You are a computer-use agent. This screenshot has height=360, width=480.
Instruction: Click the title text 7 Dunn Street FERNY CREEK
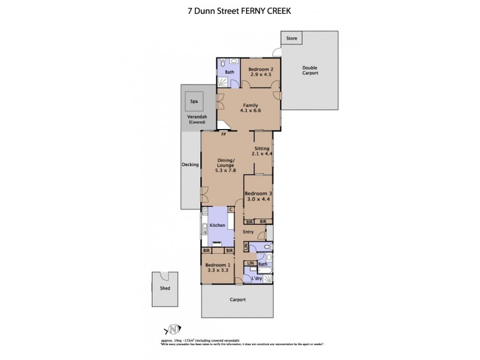pyautogui.click(x=240, y=10)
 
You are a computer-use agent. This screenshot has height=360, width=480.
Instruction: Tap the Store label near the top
pyautogui.click(x=292, y=38)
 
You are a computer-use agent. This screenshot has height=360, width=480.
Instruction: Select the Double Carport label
pyautogui.click(x=310, y=70)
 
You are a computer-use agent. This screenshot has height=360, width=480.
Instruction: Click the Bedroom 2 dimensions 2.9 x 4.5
pyautogui.click(x=261, y=74)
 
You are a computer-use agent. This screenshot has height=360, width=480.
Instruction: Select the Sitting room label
pyautogui.click(x=262, y=148)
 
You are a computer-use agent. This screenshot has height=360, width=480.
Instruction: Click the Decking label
pyautogui.click(x=190, y=164)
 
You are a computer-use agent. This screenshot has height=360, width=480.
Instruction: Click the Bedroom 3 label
pyautogui.click(x=258, y=193)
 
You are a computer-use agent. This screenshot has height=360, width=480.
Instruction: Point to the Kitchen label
pyautogui.click(x=217, y=225)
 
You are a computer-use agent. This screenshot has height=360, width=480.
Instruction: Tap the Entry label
pyautogui.click(x=249, y=232)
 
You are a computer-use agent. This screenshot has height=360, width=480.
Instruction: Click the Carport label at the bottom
pyautogui.click(x=237, y=299)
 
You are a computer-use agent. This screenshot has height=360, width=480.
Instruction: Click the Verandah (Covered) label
pyautogui.click(x=197, y=120)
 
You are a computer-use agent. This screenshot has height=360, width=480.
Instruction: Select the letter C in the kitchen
pyautogui.click(x=230, y=209)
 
